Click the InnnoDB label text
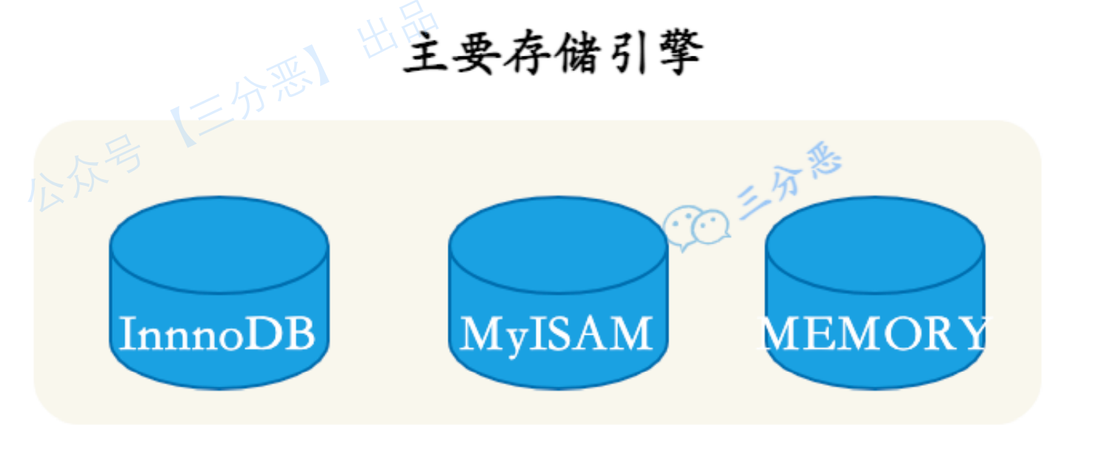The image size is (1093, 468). [x=217, y=333]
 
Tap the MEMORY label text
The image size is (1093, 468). [x=874, y=333]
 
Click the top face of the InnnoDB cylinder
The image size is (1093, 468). [x=219, y=245]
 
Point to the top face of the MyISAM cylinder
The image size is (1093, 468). [x=558, y=245]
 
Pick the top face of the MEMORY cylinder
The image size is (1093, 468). [x=875, y=245]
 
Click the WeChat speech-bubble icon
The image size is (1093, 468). [x=697, y=227]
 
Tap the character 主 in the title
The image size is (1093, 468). [x=425, y=53]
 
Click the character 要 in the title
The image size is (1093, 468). [x=476, y=53]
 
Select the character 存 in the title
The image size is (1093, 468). [x=528, y=53]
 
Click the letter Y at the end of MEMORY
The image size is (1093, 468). [x=970, y=333]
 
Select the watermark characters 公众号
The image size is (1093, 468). [x=84, y=173]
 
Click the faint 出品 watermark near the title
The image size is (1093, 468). [x=398, y=30]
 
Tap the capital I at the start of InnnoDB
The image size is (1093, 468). [x=128, y=333]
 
